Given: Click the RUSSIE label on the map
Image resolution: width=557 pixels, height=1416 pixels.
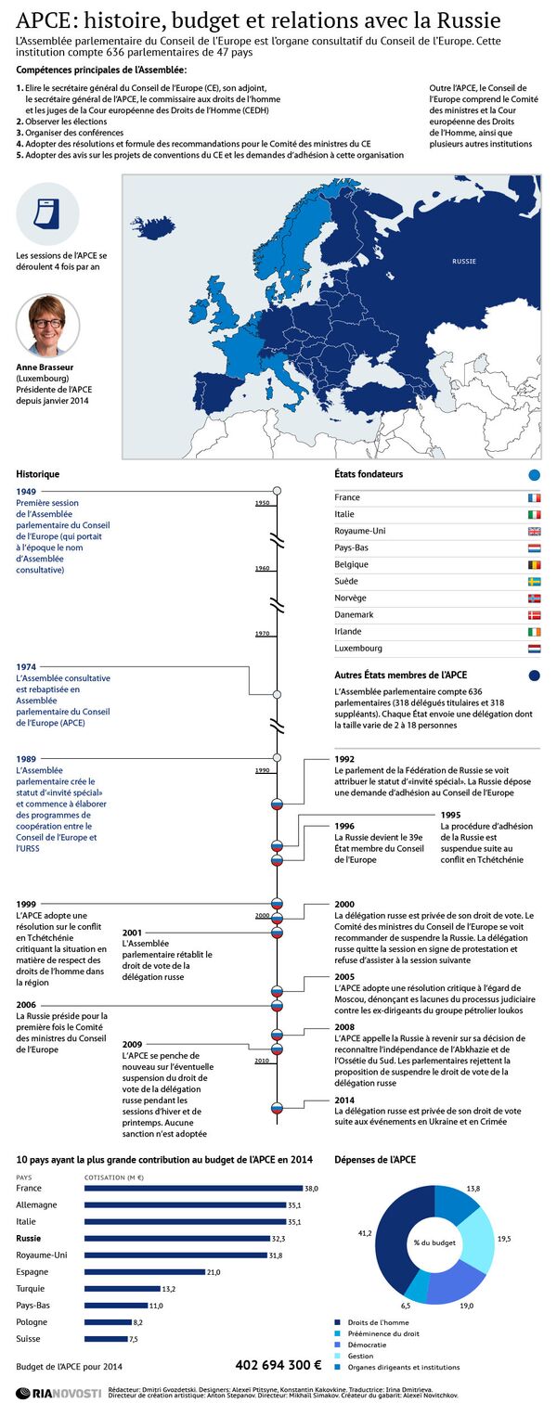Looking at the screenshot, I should (x=464, y=262).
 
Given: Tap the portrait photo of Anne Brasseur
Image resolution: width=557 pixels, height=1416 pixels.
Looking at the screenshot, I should (x=47, y=326).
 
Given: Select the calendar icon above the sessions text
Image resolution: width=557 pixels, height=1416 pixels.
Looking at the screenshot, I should (x=47, y=213).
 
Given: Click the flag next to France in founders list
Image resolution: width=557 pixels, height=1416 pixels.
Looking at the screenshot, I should (x=534, y=498).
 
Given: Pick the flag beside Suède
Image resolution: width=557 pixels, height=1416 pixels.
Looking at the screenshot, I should (x=534, y=582).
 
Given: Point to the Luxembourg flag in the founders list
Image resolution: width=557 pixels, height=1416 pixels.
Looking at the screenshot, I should (x=534, y=649).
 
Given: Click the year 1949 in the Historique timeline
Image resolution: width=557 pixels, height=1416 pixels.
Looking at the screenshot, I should (x=26, y=491).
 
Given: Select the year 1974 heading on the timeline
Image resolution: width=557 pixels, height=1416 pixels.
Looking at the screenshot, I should (x=26, y=666).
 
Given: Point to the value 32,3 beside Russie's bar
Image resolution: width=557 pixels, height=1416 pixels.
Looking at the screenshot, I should (x=278, y=1238).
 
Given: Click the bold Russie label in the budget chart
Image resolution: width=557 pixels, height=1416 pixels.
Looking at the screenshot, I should (x=30, y=1238).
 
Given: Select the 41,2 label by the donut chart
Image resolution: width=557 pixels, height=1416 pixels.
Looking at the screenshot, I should (x=365, y=1233).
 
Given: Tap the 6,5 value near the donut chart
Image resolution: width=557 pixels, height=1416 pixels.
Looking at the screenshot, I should (x=405, y=1306).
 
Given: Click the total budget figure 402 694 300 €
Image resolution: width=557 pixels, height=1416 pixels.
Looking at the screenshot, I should (x=278, y=1364).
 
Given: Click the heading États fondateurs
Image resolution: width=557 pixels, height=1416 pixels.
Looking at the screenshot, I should (x=369, y=474).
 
